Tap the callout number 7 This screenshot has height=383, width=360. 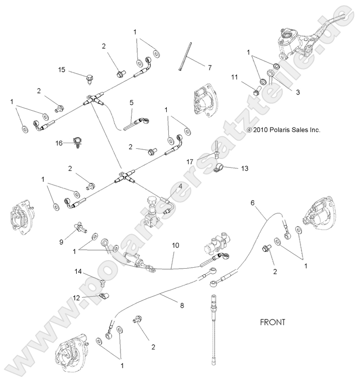click(195, 67)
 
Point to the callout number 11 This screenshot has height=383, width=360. click(234, 77)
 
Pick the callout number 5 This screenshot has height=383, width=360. click(131, 102)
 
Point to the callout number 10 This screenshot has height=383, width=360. click(175, 245)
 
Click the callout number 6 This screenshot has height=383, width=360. click(253, 203)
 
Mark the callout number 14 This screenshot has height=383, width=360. click(78, 272)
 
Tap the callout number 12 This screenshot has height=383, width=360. click(76, 297)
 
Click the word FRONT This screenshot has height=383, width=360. click(273, 322)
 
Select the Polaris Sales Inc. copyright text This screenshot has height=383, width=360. click(284, 130)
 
